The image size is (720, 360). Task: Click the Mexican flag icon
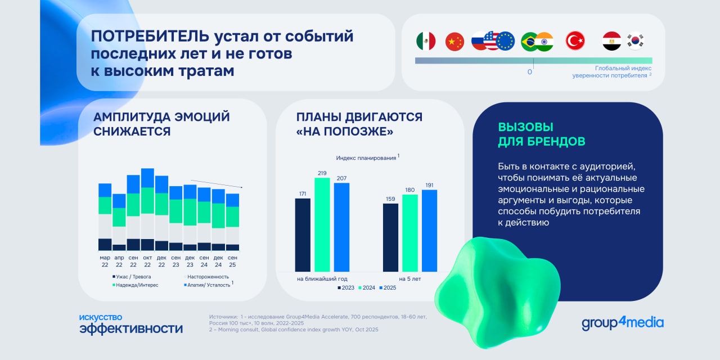tap(426, 41)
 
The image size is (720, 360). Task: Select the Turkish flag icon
tap(575, 41)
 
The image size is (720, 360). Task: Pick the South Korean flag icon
tap(636, 41)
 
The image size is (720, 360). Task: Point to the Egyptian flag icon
tap(612, 41)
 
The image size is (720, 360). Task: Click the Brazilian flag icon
tap(529, 41)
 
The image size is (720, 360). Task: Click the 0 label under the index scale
tap(529, 72)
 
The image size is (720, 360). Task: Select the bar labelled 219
tap(322, 224)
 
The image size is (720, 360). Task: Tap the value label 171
tap(303, 194)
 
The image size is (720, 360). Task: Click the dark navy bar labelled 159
tap(390, 237)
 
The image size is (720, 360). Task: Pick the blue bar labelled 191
tap(429, 231)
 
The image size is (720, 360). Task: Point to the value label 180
tap(410, 190)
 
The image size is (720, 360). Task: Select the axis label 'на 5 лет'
tap(410, 279)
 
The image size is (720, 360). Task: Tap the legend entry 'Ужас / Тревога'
tap(132, 277)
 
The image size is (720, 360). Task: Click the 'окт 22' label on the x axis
tap(147, 262)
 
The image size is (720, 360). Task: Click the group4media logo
tap(623, 323)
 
